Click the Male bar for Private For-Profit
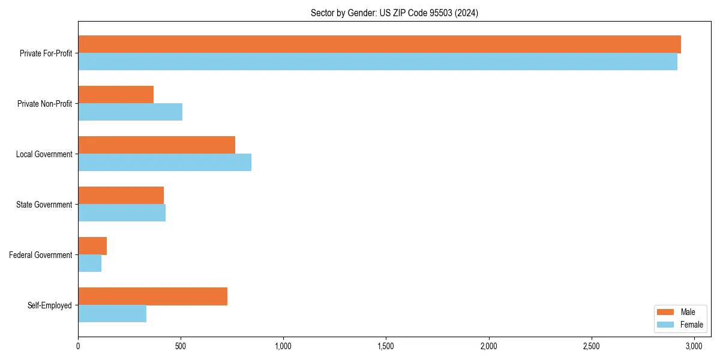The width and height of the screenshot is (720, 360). pos(379,44)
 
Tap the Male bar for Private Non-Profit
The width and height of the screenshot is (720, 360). pos(116,95)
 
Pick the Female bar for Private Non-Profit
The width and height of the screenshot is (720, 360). pos(130,112)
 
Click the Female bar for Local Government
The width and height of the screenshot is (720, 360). pos(164,163)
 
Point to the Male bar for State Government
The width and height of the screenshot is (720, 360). pos(121,196)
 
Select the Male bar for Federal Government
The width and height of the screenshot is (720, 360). pos(92,246)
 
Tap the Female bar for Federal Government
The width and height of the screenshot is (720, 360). pos(89,263)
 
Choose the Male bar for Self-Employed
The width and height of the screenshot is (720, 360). pos(152,296)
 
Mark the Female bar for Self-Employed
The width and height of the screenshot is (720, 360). pos(112,314)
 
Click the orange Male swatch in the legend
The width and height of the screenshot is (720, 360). pos(666,312)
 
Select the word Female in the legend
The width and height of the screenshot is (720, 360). pos(691,325)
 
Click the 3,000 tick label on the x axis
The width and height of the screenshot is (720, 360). pos(694,346)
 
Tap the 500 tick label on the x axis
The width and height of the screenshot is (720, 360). pos(181,346)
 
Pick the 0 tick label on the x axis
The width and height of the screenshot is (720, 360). pos(78,346)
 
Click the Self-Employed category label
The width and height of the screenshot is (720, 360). pos(49,305)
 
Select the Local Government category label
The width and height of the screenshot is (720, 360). pos(44,154)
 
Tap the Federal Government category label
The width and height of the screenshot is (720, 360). pos(41,255)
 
